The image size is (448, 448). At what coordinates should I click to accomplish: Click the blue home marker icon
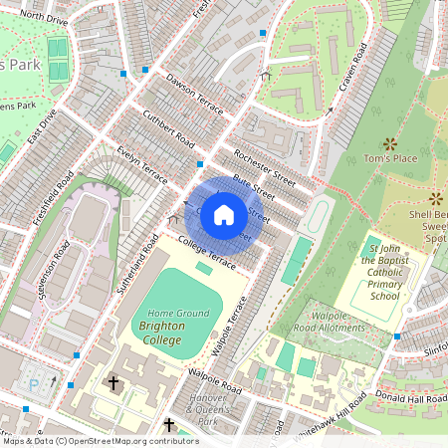click(x=224, y=214)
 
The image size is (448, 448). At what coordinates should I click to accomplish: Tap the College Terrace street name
click(x=207, y=255)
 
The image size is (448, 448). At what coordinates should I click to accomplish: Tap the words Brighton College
click(x=175, y=326)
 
